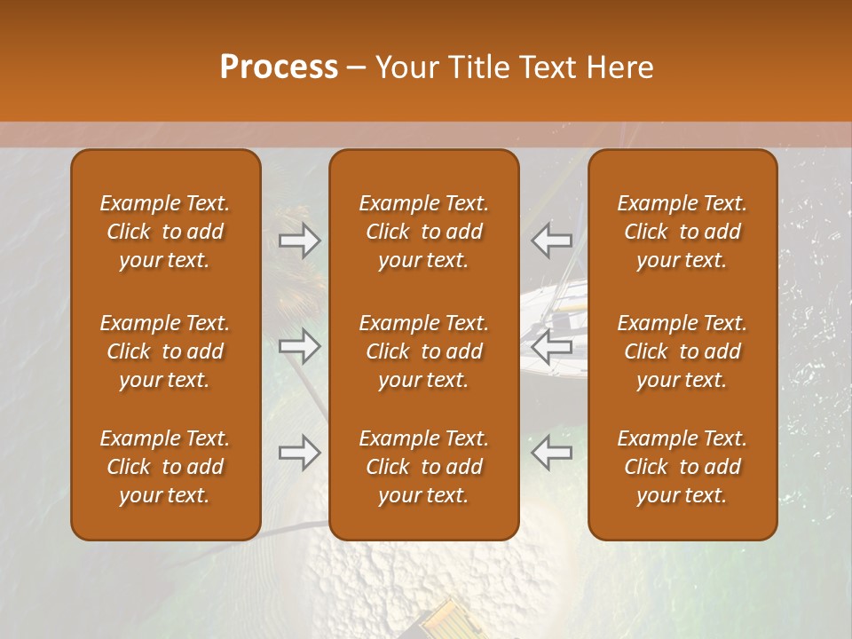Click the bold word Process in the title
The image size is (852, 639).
point(279,67)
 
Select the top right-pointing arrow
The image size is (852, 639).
point(300,241)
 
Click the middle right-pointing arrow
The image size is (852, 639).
point(300,346)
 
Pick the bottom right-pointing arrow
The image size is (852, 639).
point(300,453)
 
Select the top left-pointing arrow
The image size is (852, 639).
point(552,241)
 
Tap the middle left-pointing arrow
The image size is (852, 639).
point(552,346)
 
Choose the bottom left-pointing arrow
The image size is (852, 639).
point(552,453)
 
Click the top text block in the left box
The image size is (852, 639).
point(165,232)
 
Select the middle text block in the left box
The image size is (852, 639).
point(165,351)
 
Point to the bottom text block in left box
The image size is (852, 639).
point(165,467)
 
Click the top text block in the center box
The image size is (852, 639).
point(424,232)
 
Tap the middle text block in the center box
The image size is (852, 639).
point(424,351)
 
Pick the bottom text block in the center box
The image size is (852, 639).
point(424,467)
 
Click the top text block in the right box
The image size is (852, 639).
point(682,232)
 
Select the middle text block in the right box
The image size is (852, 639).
point(682,351)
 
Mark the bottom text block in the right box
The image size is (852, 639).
point(682,467)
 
